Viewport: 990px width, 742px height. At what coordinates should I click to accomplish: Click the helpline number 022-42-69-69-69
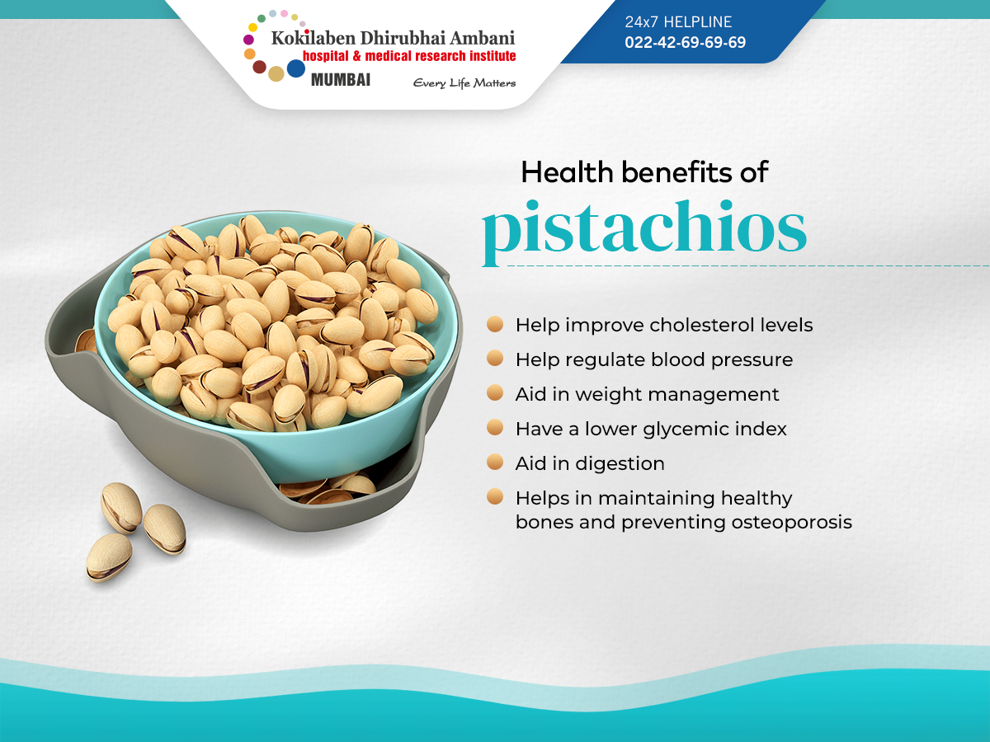pos(685,43)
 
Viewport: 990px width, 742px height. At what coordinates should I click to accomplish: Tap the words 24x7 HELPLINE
pos(678,22)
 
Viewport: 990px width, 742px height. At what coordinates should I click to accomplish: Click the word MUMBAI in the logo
pos(341,80)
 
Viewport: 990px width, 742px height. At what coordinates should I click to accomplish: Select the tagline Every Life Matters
pos(464,82)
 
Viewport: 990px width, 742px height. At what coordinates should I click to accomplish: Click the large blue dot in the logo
pos(296,68)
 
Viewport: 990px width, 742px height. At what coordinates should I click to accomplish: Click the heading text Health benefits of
pos(644,171)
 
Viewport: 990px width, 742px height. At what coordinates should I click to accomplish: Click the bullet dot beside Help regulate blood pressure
pos(495,359)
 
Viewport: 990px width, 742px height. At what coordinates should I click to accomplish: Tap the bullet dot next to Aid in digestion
pos(495,463)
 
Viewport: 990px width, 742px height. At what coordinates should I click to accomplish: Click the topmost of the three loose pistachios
pos(121,507)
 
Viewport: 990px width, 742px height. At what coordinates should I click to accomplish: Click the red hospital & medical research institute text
pos(409,56)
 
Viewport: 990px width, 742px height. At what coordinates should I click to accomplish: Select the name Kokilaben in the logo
pos(309,37)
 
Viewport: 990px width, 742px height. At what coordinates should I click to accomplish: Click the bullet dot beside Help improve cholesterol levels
pos(495,324)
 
